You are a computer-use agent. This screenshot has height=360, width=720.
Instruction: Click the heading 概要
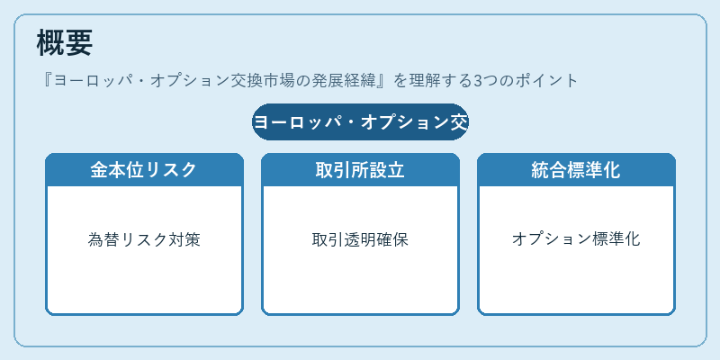click(x=64, y=42)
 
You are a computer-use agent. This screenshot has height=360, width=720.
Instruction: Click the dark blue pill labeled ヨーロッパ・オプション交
click(x=360, y=122)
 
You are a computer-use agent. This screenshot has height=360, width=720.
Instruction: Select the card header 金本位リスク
click(x=144, y=170)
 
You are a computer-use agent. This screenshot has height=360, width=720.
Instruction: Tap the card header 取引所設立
click(x=360, y=170)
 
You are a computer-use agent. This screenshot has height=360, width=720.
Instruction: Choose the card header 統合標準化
click(x=576, y=170)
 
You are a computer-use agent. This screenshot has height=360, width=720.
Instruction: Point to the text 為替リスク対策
click(x=144, y=239)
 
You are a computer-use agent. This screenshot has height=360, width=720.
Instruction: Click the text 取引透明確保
click(x=360, y=239)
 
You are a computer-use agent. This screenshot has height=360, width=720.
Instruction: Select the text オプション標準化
click(x=576, y=239)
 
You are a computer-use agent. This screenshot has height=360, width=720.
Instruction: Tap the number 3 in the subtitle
click(x=478, y=81)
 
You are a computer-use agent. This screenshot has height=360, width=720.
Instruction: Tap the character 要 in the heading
click(x=78, y=42)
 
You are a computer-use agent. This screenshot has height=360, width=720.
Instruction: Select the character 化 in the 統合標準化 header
click(x=611, y=170)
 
